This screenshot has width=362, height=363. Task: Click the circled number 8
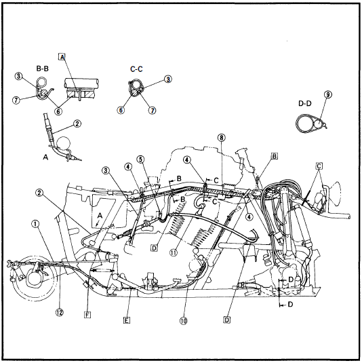[x=220, y=138]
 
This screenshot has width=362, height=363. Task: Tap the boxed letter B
[x=274, y=155]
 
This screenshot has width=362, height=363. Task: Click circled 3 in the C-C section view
[x=167, y=79]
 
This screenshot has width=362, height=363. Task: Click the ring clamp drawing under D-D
[x=308, y=122]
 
